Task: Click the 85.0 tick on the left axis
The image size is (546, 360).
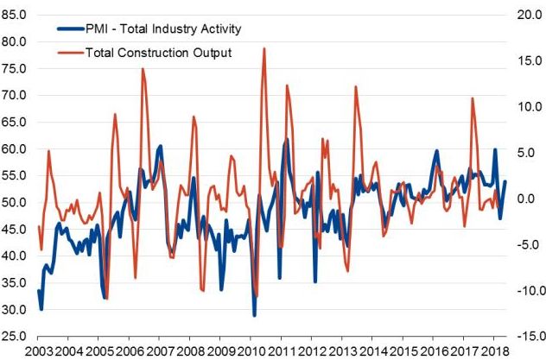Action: [14, 15]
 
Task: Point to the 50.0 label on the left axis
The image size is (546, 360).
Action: [14, 202]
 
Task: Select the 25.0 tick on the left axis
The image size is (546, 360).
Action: [14, 336]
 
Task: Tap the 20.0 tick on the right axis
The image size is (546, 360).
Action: [530, 15]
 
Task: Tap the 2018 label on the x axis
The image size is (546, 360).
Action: [493, 352]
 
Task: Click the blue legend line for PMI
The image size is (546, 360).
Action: [71, 28]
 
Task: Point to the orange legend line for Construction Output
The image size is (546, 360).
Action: [71, 53]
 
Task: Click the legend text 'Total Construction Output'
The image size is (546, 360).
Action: [158, 53]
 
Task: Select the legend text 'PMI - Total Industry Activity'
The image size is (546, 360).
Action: [163, 28]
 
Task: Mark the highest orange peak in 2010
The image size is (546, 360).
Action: [264, 48]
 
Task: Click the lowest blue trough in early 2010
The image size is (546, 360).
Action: [254, 315]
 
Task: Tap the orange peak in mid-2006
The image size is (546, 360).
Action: [143, 68]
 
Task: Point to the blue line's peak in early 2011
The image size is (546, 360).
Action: [288, 140]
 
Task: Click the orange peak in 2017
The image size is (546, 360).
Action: [473, 98]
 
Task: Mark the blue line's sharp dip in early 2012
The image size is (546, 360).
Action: [315, 281]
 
